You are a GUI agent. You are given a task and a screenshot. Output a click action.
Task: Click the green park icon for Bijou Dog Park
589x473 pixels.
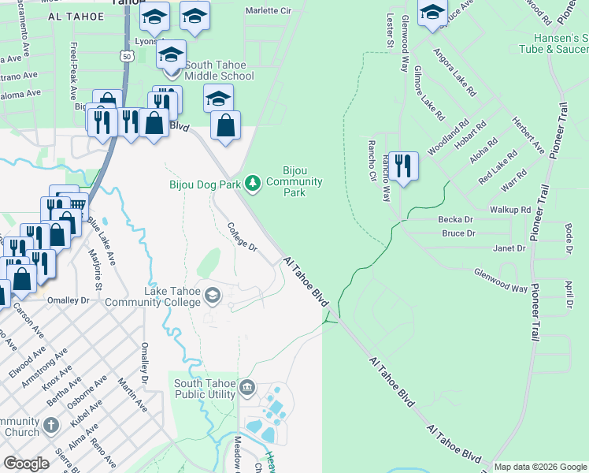252,184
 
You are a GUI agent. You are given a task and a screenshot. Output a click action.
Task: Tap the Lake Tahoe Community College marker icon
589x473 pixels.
212,296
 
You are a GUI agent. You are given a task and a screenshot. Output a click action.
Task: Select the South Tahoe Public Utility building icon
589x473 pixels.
246,386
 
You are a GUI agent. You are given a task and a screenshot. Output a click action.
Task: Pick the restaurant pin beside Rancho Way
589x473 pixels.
402,166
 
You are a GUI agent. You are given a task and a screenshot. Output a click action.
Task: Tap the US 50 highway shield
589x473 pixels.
127,55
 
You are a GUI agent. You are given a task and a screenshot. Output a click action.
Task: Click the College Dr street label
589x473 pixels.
243,236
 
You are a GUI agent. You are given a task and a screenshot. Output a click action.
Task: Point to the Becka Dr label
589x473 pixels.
457,220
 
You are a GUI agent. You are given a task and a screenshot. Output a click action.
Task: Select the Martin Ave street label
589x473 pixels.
132,394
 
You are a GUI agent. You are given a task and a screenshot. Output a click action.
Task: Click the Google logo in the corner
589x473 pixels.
28,464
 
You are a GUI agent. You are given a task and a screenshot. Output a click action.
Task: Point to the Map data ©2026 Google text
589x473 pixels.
539,467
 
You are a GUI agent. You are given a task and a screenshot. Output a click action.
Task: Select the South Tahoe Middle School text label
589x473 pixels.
220,70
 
